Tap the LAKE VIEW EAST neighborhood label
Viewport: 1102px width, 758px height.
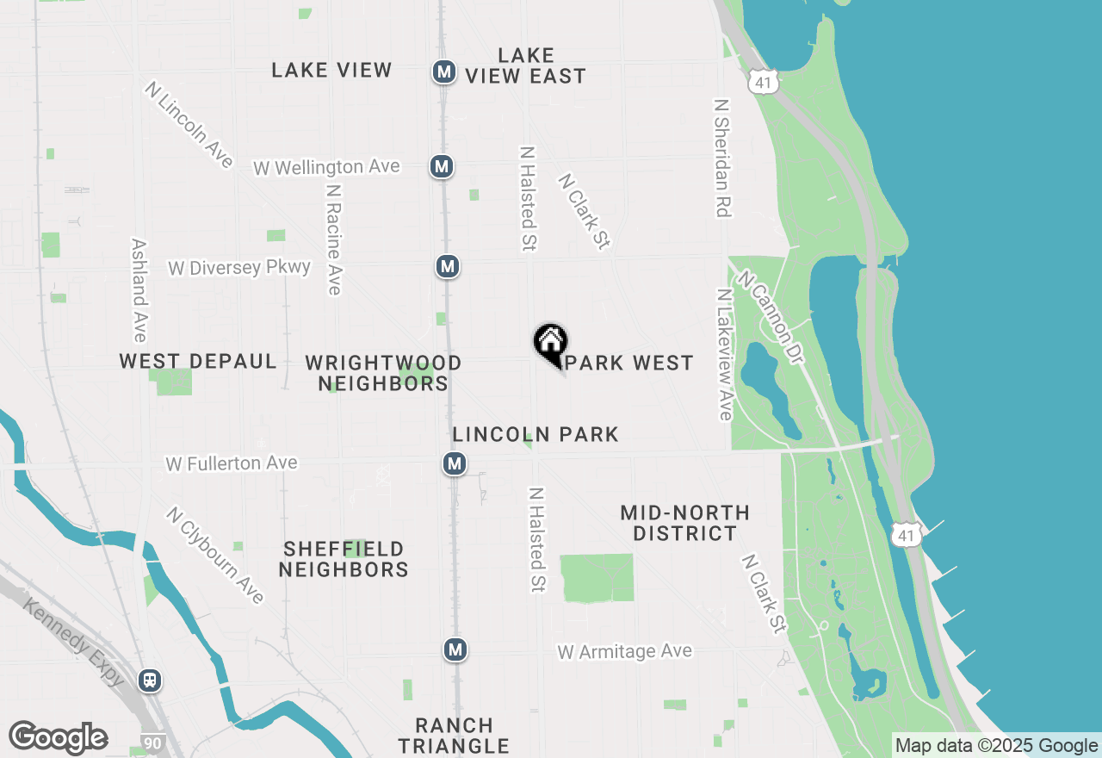[525, 66]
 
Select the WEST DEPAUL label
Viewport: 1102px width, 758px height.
[198, 361]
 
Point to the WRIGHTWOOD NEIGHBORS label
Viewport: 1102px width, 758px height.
[383, 373]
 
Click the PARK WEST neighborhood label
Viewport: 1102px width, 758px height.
[630, 363]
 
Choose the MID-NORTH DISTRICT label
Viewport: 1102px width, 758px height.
[685, 523]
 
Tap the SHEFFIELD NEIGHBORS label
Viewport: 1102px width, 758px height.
[344, 559]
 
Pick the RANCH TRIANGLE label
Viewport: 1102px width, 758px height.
[454, 736]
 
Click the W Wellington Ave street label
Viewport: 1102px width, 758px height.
[327, 166]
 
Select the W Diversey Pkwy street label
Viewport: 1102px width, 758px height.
[239, 267]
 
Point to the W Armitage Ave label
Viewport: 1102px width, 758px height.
[624, 651]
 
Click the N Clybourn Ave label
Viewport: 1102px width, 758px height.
[215, 556]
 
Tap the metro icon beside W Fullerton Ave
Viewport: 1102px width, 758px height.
[455, 464]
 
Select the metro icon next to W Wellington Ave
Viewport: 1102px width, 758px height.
[442, 165]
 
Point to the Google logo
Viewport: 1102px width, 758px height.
[58, 737]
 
